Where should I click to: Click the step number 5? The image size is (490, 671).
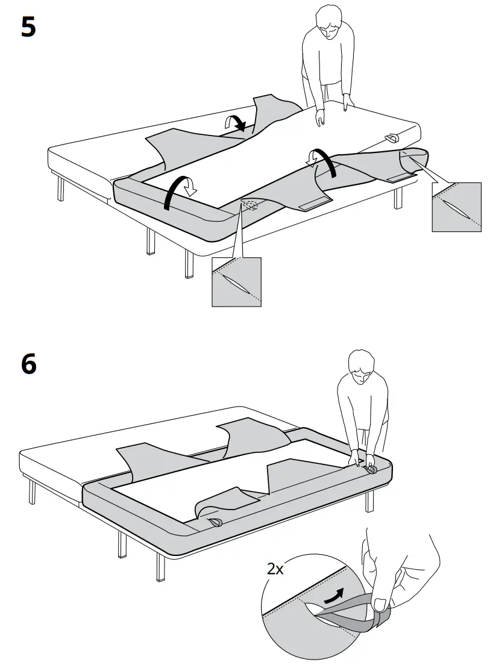point(28,27)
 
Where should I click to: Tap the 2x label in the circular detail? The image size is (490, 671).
point(275,568)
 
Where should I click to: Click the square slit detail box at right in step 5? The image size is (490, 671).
point(456,207)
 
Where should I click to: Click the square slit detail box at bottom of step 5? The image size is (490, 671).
point(236,282)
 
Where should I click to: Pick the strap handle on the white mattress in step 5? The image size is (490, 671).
point(392,137)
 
